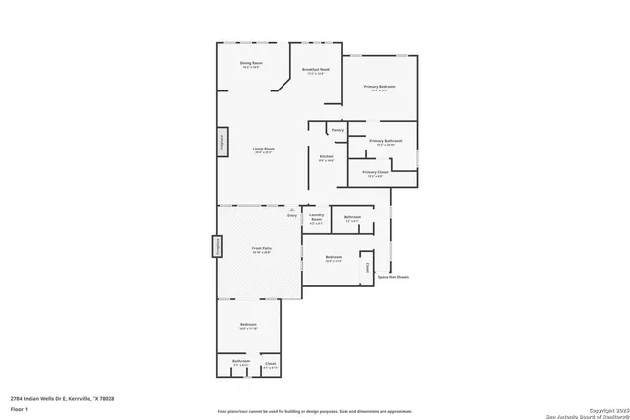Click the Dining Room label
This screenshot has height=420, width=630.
tap(251, 64)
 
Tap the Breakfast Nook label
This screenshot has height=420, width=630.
tap(316, 70)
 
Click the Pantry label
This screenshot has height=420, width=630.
tap(337, 129)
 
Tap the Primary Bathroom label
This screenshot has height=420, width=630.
tap(382, 142)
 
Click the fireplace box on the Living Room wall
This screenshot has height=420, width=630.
tap(222, 140)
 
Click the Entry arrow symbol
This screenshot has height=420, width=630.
tap(291, 210)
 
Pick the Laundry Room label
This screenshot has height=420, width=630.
tap(316, 218)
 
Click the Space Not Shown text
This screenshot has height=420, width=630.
tap(393, 277)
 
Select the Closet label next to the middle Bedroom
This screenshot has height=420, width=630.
tap(368, 267)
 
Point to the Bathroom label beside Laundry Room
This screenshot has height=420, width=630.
tap(351, 217)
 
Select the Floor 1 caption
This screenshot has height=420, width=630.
tap(19, 408)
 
